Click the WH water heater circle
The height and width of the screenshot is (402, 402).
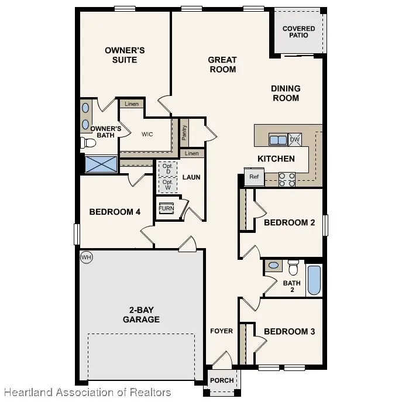[x=86, y=257]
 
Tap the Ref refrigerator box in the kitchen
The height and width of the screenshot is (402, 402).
[x=253, y=177]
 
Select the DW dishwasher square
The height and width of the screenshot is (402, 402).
[x=294, y=139]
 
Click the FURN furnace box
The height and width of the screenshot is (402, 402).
[x=166, y=208]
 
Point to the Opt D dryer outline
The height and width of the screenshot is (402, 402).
[x=167, y=169]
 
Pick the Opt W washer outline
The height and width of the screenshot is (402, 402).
[x=167, y=184]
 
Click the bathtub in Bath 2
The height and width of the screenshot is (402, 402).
[x=314, y=280]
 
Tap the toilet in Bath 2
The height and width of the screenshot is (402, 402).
[x=293, y=267]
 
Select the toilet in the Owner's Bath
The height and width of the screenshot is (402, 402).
[x=88, y=142]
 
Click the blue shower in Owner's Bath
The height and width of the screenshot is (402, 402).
[x=101, y=163]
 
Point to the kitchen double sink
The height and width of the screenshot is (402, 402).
[x=277, y=140]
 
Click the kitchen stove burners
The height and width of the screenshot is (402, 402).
[x=287, y=179]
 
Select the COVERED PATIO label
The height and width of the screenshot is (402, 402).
[x=298, y=32]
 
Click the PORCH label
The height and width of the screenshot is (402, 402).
[x=222, y=380]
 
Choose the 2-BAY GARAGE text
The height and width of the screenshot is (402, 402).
[x=141, y=314]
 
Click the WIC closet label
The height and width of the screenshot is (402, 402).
[x=147, y=134]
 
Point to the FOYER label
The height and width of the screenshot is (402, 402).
[x=222, y=331]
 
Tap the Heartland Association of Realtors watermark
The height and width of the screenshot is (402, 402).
[x=86, y=392]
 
